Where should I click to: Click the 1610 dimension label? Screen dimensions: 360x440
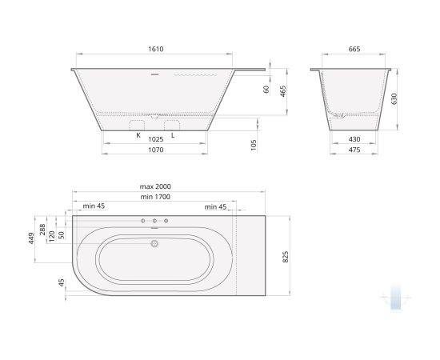[155, 50]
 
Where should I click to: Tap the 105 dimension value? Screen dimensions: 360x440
[254, 144]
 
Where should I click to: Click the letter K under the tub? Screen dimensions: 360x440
[138, 136]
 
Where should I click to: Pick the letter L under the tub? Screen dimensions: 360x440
[173, 136]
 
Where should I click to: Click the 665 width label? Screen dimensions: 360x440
[354, 50]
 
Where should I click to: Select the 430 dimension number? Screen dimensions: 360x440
[354, 139]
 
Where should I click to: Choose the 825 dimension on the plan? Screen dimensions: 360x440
[285, 256]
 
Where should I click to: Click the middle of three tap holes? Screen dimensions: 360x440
[155, 220]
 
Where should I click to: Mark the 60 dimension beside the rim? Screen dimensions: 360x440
[266, 91]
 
